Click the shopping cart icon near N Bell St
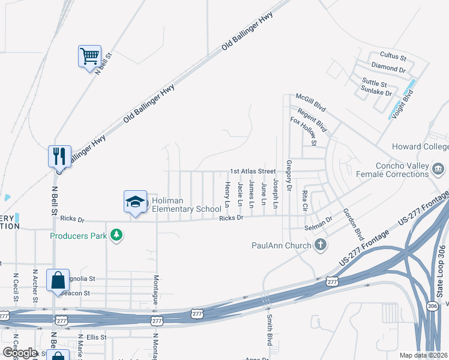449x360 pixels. tap(89, 56)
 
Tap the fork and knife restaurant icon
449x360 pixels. tap(59, 156)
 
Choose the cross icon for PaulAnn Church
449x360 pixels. tap(321, 245)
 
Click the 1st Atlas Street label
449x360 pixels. tap(253, 172)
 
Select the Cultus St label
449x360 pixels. tap(394, 58)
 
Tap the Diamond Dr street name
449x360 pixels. tap(385, 68)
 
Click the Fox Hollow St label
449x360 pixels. tap(303, 131)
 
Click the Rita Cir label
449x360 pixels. tap(305, 200)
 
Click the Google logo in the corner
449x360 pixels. tap(20, 352)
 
